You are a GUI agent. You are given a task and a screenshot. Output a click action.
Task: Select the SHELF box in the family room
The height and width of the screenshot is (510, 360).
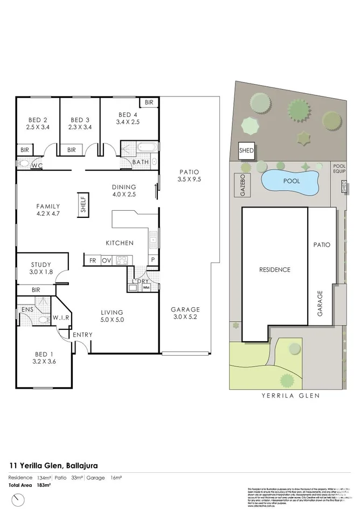click(x=84, y=203)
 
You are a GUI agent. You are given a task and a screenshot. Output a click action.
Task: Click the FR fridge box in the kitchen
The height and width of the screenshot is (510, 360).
click(x=93, y=260)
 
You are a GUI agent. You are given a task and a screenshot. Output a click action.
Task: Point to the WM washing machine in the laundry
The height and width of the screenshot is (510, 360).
click(x=146, y=287)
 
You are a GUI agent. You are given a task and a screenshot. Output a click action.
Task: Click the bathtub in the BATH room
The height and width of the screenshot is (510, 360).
click(x=146, y=147)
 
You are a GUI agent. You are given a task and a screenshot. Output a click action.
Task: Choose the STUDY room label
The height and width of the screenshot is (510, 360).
click(x=41, y=265)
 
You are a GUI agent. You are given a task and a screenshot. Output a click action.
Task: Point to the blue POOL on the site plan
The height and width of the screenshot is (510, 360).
click(x=291, y=182)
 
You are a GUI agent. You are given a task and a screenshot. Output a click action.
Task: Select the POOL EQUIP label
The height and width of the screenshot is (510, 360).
click(x=339, y=169)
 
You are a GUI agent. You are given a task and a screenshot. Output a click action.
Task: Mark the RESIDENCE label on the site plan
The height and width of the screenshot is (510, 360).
click(x=274, y=270)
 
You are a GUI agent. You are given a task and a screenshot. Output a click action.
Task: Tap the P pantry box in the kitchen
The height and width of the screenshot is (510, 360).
click(x=153, y=260)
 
